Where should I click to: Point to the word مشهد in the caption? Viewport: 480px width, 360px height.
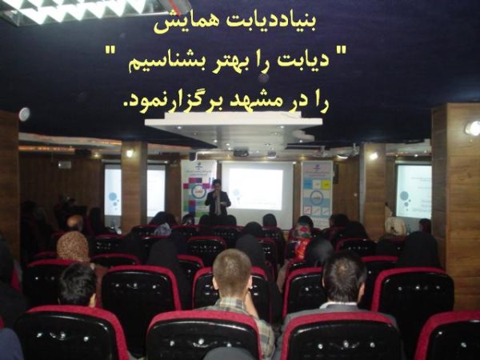click(256, 103)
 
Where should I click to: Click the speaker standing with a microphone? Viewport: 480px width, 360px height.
click(218, 198)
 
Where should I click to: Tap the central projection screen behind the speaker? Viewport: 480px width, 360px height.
click(257, 190)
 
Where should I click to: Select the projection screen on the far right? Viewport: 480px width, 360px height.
click(414, 191)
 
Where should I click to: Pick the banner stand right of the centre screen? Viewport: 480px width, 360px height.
click(317, 193)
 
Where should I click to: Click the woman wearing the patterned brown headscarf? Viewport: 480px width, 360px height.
click(73, 246)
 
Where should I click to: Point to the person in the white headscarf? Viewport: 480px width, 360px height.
click(395, 226)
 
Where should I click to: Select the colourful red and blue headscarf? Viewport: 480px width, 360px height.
click(302, 238)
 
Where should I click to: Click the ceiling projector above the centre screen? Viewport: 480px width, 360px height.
click(241, 152)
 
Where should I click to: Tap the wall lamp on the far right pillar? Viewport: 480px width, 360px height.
click(472, 128)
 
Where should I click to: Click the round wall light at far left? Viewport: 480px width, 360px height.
click(24, 114)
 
